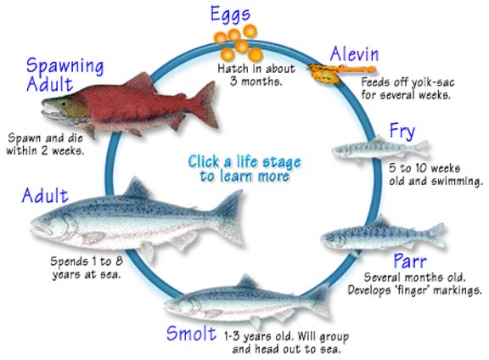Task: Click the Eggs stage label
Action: point(230,15)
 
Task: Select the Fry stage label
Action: point(402,132)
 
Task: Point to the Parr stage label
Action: point(410,261)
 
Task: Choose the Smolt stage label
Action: point(191,333)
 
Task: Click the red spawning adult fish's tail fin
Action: point(205,104)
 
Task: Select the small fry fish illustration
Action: point(380,149)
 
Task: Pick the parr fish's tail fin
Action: point(436,234)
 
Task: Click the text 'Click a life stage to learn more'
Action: point(244,169)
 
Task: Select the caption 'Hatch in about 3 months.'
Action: point(256,75)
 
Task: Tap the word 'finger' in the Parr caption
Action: point(413,290)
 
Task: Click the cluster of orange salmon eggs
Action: point(239,43)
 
